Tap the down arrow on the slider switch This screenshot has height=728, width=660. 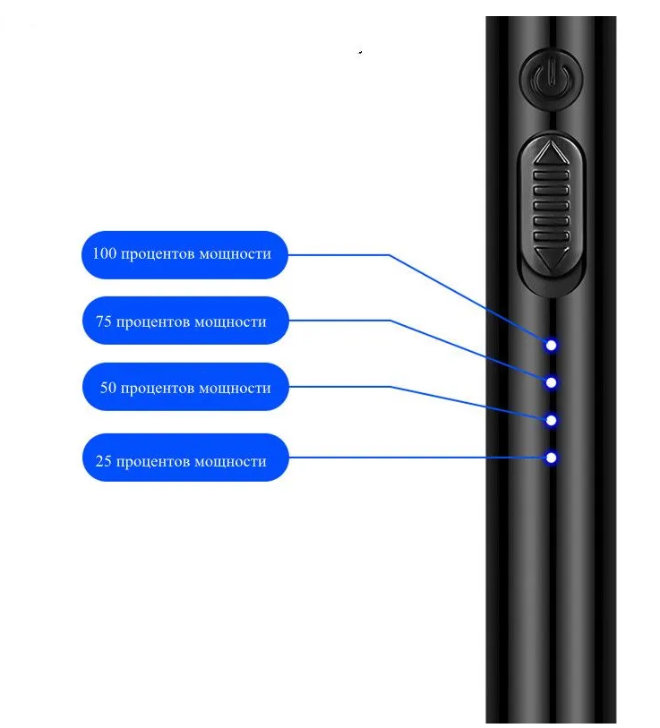tap(551, 261)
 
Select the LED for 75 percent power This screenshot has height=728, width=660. tap(552, 382)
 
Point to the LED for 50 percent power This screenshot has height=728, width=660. tap(552, 419)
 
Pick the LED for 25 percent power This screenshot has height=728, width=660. tap(552, 458)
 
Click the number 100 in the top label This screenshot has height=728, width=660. tap(105, 254)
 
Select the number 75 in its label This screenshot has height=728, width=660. tap(103, 321)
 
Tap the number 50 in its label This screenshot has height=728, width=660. tap(107, 389)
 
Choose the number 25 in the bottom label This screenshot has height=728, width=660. tap(103, 462)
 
